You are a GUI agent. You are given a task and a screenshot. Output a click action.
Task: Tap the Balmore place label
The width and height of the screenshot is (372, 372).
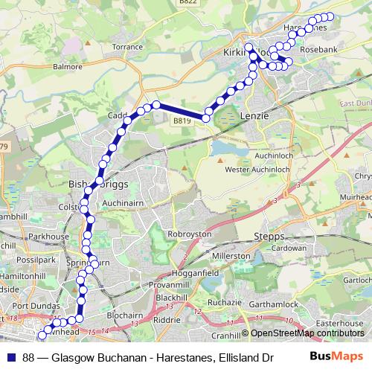coord(68,66)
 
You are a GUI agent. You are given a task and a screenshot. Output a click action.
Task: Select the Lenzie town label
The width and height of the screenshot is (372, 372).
coord(254,116)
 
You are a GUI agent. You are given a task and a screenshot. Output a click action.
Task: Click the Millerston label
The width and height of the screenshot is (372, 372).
coord(231,255)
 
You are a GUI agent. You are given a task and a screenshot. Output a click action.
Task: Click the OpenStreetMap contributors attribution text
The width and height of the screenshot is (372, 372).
coord(306,333)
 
